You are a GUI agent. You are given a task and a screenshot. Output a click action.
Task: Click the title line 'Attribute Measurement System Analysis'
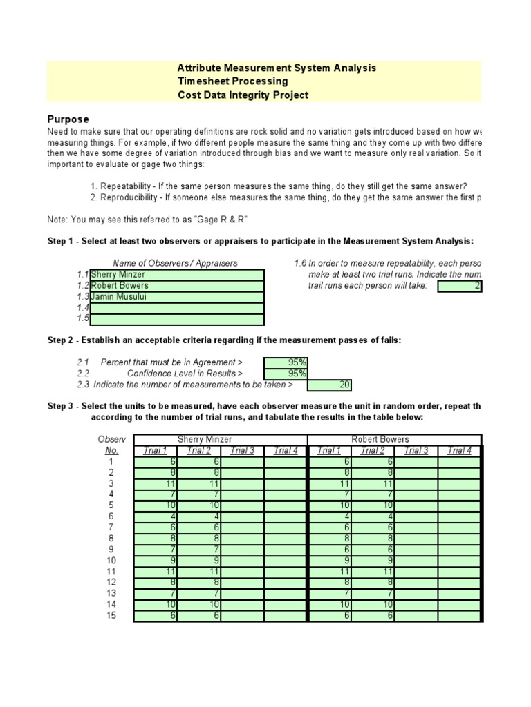[277, 68]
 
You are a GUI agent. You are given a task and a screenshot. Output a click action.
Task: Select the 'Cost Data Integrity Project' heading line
[243, 95]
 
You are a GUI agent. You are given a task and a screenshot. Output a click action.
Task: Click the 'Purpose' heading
[68, 119]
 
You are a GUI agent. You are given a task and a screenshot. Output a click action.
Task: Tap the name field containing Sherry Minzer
[177, 275]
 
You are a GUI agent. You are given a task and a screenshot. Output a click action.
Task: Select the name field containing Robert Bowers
[177, 286]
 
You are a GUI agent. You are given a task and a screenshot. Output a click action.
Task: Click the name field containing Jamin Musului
[177, 297]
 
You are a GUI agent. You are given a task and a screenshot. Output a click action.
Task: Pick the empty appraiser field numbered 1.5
[177, 319]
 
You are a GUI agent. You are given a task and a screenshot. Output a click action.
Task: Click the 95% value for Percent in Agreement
[286, 362]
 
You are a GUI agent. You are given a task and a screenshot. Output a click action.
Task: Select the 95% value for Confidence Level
[286, 374]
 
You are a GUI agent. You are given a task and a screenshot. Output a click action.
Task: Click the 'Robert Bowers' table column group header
[380, 439]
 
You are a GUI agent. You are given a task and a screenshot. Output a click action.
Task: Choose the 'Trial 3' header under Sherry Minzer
[242, 451]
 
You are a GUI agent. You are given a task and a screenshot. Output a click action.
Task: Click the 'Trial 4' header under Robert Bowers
[458, 451]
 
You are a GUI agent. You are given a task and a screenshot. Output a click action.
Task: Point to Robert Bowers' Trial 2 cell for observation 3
[372, 484]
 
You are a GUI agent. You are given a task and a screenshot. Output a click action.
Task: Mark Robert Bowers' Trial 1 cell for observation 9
[328, 550]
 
